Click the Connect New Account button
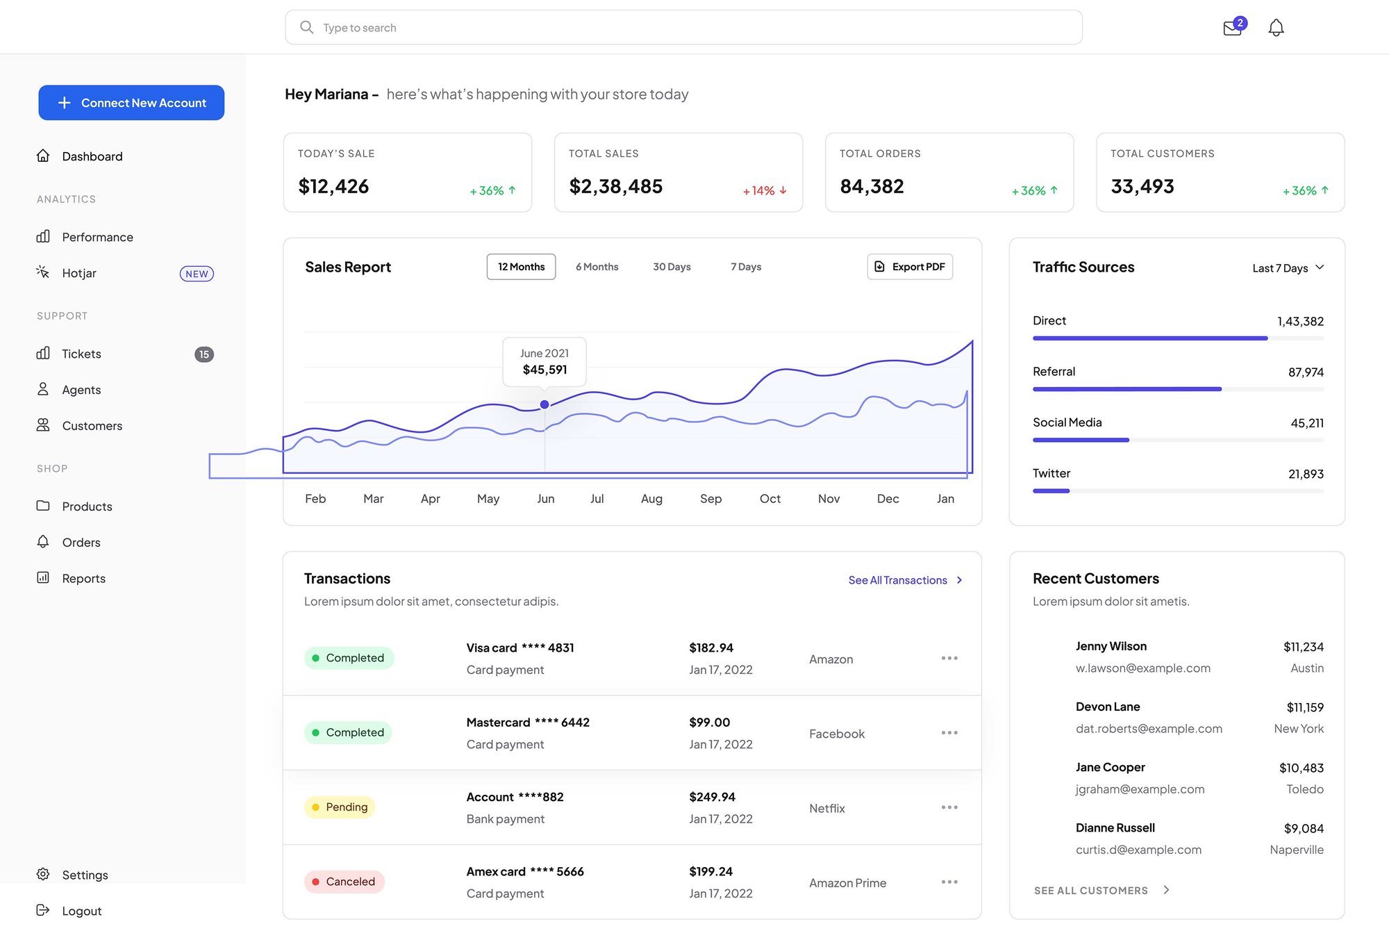tap(131, 103)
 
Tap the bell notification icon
tap(1276, 28)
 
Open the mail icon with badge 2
tap(1233, 28)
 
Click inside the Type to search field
tap(683, 28)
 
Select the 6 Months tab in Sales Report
tap(597, 267)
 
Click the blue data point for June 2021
tap(544, 404)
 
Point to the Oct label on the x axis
tap(770, 499)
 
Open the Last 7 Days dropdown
tap(1288, 268)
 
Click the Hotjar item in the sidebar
tap(79, 273)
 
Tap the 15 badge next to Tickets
tap(203, 354)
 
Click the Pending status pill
tap(340, 807)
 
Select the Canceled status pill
tap(344, 882)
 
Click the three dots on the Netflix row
tap(949, 807)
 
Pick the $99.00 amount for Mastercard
tap(709, 723)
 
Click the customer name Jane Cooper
tap(1110, 768)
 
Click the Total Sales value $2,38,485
tap(615, 186)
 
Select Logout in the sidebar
tap(81, 911)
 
